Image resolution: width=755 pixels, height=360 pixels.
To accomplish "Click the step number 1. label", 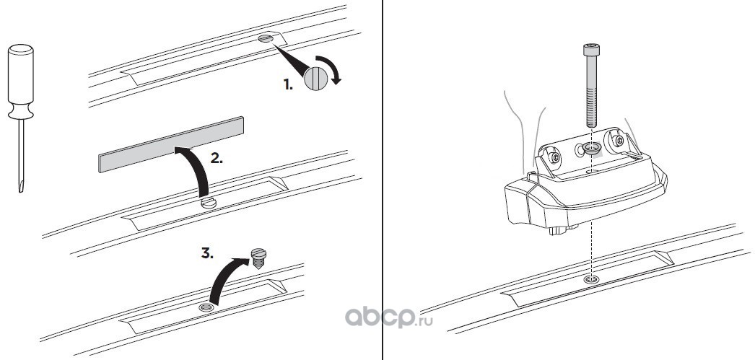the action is pos(288,84).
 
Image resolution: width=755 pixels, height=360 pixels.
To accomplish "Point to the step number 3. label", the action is pos(207,254).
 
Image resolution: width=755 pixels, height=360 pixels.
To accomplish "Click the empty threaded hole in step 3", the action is pos(206,307).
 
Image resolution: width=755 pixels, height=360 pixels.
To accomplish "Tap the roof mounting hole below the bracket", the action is pos(592,278).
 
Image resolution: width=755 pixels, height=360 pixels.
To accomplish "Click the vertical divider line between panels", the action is pos(382,180).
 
